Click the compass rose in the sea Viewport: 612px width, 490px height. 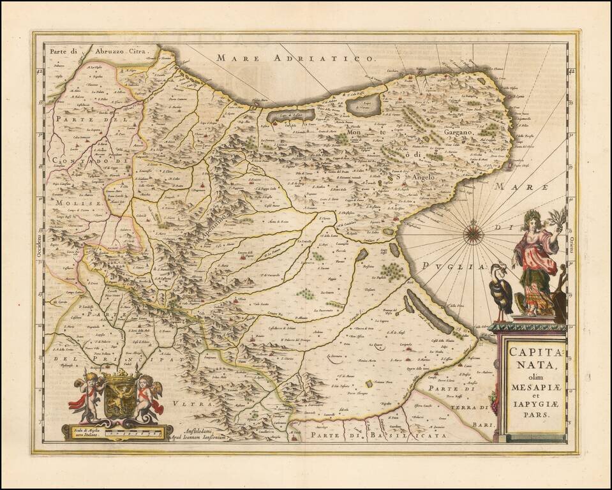pos(472,232)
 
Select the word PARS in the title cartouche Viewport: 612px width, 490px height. pos(534,412)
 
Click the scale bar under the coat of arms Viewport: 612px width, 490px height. pos(115,432)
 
